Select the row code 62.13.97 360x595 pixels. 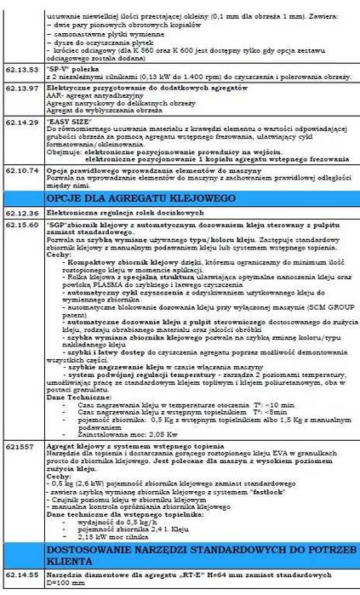tap(20, 88)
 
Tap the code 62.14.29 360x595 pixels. tap(20, 123)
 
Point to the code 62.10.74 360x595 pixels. tap(20, 170)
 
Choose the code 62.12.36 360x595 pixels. tap(20, 209)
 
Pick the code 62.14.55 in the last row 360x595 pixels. tap(20, 575)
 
